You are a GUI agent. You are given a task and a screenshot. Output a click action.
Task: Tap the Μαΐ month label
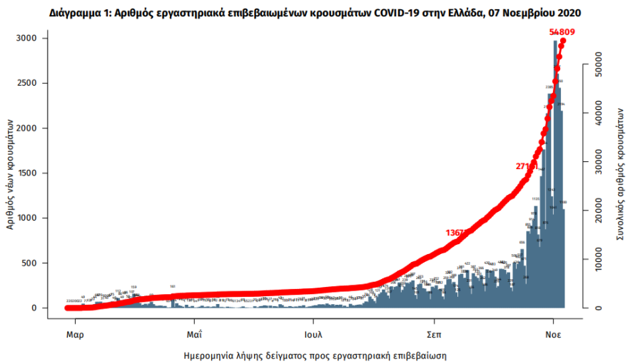point(194,333)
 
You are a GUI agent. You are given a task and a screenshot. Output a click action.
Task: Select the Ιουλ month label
point(314,333)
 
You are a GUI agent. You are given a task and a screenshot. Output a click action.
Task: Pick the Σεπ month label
point(432,333)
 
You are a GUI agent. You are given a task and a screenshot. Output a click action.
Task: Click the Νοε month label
point(553,333)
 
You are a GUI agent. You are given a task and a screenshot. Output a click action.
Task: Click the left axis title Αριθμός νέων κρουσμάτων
point(11,173)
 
